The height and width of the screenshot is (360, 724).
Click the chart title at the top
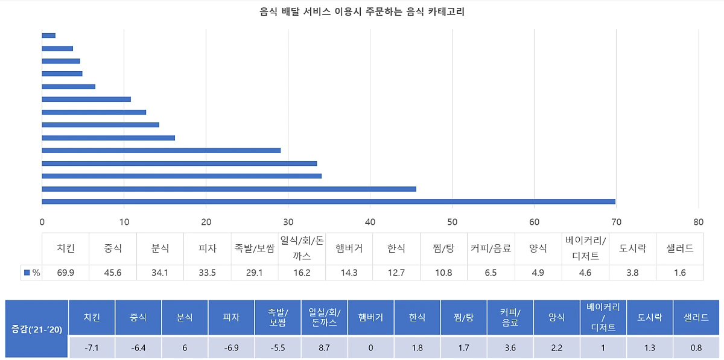(x=361, y=11)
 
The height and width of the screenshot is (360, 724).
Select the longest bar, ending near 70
(x=328, y=201)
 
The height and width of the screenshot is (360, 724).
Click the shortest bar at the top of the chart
(x=49, y=36)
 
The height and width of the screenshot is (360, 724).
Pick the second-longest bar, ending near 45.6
(x=229, y=189)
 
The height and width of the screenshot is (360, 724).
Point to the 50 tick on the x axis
(x=452, y=222)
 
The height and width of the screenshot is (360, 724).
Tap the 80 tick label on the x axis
(x=698, y=222)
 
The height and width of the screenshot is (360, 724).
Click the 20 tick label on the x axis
(x=206, y=222)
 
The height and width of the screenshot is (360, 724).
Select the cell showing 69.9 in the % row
(x=65, y=273)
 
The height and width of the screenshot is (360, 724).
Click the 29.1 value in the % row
(x=254, y=273)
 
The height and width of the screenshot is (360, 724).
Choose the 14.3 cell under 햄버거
(x=349, y=273)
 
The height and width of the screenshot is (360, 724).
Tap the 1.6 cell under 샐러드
(x=679, y=273)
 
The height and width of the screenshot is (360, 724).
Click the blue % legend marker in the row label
(x=27, y=273)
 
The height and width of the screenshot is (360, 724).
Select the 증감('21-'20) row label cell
(x=36, y=329)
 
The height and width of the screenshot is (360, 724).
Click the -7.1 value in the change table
(x=92, y=347)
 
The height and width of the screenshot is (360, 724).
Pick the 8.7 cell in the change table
(x=324, y=347)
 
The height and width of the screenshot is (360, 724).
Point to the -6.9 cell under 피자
(x=231, y=347)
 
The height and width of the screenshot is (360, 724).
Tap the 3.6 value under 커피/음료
(x=510, y=347)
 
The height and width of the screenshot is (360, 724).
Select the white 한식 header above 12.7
(x=396, y=248)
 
